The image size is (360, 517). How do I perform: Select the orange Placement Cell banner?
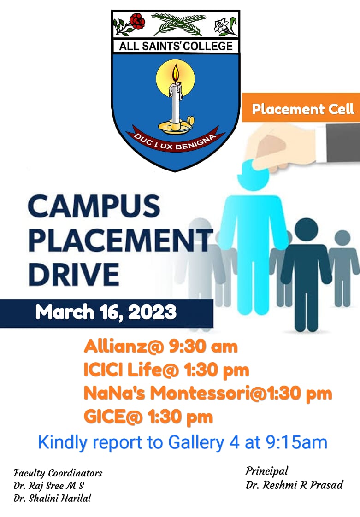point(301,108)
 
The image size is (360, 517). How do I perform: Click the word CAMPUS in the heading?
point(94,206)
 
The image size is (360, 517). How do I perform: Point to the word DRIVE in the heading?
point(74,274)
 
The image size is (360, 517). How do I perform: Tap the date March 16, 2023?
point(106,312)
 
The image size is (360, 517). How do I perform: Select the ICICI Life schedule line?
point(166,370)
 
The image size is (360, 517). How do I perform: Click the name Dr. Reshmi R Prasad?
point(295,485)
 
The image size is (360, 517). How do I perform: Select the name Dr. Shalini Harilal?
point(52,498)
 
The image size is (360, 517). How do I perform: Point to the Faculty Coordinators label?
point(58,474)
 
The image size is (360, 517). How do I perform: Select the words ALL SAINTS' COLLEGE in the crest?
point(176,46)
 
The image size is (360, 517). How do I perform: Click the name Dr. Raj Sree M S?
point(49,486)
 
